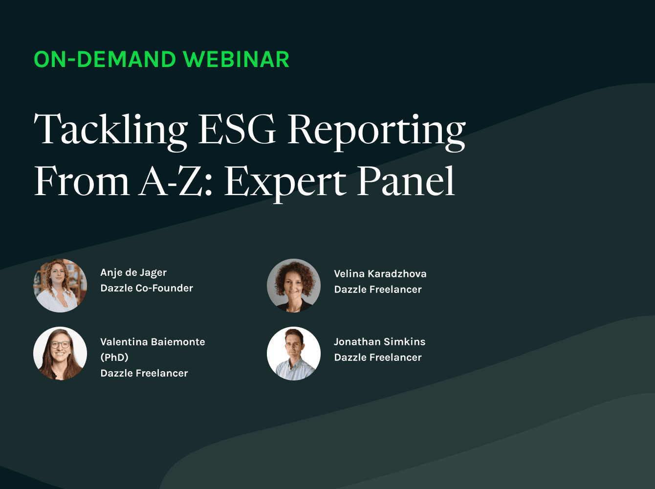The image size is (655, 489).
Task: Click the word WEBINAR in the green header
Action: (236, 60)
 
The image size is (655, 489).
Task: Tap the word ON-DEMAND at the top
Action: (105, 60)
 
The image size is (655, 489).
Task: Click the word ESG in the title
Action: (237, 130)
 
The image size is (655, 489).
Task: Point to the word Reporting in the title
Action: (376, 131)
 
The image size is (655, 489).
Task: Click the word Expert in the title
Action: (285, 182)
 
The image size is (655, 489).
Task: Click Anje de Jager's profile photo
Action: (60, 286)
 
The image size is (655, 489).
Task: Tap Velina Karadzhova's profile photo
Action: (294, 286)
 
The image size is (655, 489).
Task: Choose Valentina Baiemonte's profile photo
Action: (60, 354)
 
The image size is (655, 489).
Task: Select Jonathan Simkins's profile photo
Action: (294, 354)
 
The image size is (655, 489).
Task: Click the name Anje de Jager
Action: (133, 273)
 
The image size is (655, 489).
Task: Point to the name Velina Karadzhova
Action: (380, 274)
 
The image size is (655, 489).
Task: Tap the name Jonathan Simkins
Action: (380, 342)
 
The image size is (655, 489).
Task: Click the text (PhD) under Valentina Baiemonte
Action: (114, 357)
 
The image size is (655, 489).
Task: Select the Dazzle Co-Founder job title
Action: (147, 289)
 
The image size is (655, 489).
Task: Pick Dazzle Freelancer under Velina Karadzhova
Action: (378, 289)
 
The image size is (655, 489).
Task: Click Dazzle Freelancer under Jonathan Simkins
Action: (378, 357)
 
